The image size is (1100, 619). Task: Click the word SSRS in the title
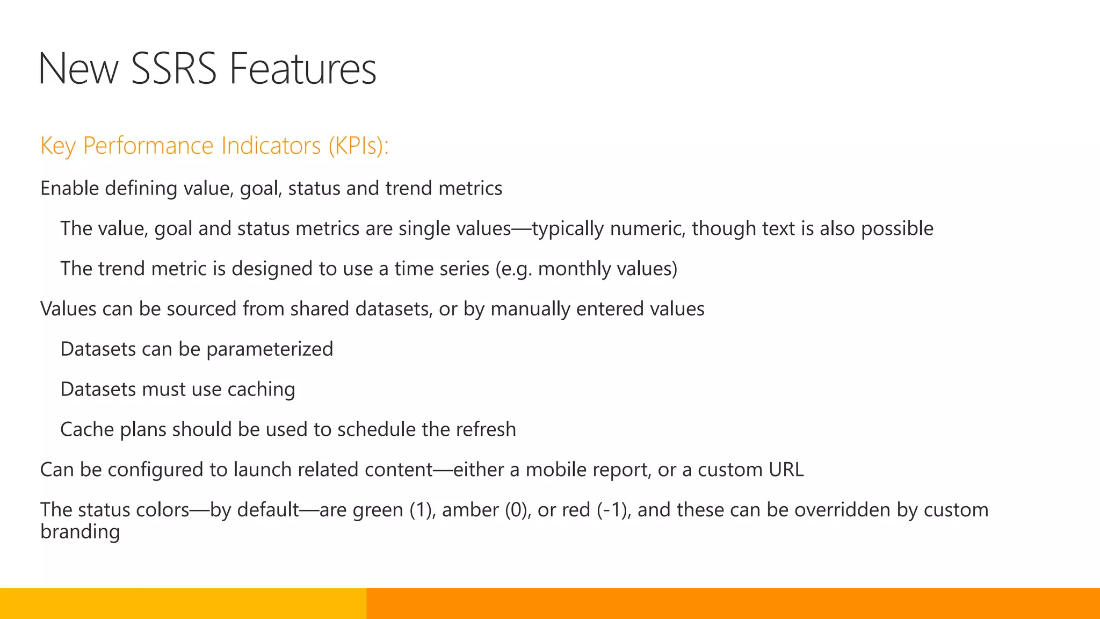point(173,69)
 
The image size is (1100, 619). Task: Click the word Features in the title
point(303,69)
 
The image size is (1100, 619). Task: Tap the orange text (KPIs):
point(358,146)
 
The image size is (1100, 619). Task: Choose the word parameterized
point(270,349)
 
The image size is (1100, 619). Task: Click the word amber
point(470,510)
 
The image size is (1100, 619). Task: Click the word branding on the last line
point(80,532)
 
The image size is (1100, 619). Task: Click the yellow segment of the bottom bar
point(183,603)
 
